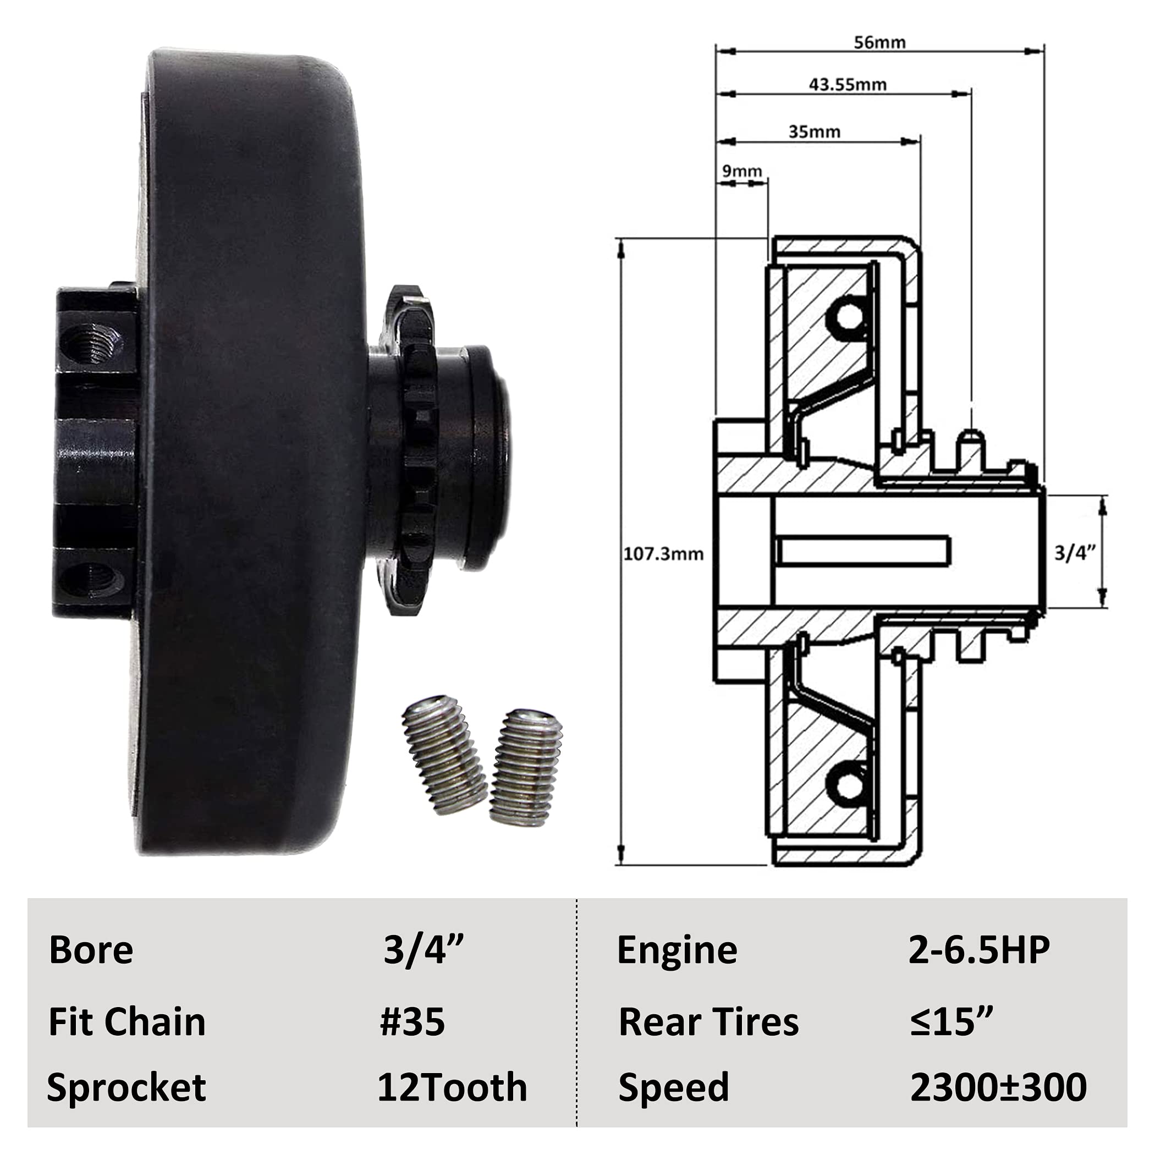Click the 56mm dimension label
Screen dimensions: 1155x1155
(x=879, y=42)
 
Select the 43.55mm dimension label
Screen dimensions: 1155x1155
(x=847, y=85)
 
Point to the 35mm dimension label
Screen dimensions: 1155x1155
(x=814, y=131)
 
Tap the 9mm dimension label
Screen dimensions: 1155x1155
(x=742, y=172)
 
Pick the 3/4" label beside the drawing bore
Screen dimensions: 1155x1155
(x=1074, y=553)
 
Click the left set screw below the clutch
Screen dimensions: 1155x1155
(x=444, y=756)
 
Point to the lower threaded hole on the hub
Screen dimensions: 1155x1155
(x=92, y=580)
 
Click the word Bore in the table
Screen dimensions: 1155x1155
(x=91, y=950)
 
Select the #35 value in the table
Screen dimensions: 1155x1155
(x=413, y=1022)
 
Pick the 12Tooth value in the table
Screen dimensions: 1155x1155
(x=452, y=1087)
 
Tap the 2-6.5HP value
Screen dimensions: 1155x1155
(x=978, y=949)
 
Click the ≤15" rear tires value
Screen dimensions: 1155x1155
(x=951, y=1022)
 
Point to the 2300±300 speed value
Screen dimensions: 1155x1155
(x=998, y=1087)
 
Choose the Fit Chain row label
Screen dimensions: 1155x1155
(x=127, y=1022)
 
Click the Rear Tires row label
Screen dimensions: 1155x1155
(x=708, y=1022)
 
